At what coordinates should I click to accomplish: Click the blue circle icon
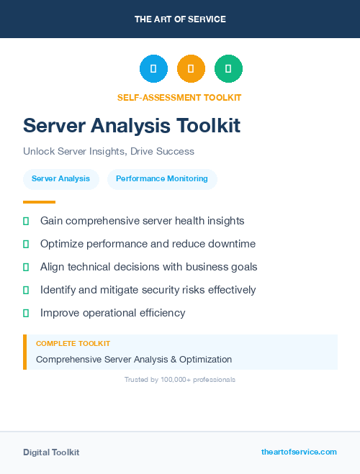153,68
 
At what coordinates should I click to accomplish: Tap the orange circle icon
191,68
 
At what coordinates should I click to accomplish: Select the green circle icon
228,68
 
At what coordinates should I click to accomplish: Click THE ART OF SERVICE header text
180,19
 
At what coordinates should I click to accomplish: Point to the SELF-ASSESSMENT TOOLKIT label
179,98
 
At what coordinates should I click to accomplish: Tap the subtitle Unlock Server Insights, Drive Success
109,152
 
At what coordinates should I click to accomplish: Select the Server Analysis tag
61,179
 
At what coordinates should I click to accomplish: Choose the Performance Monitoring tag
162,179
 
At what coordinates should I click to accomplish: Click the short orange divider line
39,202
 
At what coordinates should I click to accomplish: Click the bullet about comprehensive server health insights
143,221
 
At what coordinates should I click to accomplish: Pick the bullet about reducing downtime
148,244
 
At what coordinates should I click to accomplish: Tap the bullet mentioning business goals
149,267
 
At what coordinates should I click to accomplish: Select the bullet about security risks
148,290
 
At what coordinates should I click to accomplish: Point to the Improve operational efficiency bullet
113,313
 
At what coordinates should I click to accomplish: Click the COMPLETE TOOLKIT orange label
73,344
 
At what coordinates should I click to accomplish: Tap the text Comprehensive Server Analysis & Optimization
134,359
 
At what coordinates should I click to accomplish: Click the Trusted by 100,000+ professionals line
180,379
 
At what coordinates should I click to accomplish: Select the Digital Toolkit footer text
51,452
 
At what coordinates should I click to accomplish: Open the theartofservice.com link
299,452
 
